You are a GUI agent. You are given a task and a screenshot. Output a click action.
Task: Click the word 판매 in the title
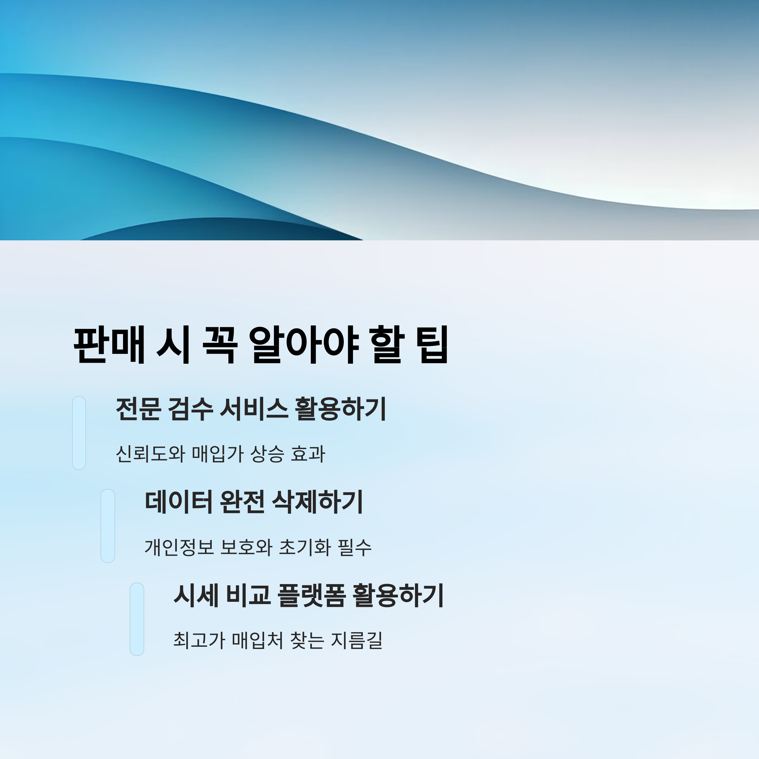[109, 344]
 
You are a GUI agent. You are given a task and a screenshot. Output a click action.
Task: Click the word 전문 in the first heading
[138, 409]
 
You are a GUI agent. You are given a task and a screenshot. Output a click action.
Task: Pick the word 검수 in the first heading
[190, 409]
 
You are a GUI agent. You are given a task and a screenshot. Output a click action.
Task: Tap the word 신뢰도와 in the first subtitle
[150, 454]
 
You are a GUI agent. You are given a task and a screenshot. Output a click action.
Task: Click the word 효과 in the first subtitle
[308, 454]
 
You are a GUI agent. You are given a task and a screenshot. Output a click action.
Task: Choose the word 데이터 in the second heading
[178, 502]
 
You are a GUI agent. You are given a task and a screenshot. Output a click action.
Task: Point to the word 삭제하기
[318, 502]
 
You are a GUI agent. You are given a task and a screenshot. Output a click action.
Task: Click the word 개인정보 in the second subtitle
[179, 547]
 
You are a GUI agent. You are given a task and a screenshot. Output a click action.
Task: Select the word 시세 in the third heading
[196, 595]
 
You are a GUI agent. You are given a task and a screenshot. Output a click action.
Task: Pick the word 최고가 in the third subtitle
[199, 640]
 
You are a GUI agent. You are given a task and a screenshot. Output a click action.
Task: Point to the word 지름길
[357, 640]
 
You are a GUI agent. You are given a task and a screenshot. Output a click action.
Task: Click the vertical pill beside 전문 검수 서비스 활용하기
[79, 433]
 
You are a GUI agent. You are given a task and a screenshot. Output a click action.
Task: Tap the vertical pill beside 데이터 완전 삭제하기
[108, 526]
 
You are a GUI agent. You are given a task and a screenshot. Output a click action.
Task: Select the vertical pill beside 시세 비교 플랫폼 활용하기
[137, 619]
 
